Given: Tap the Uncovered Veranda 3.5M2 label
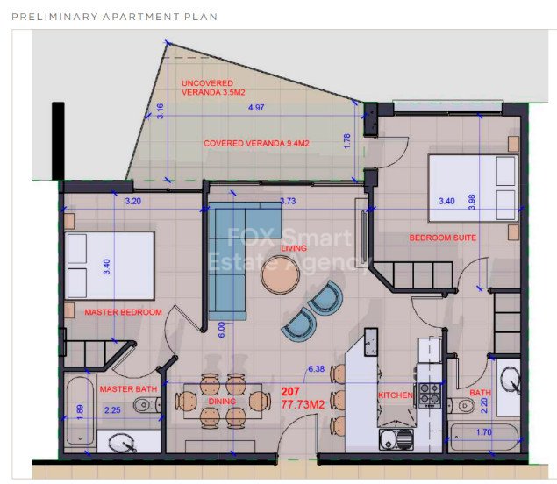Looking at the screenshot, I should [x=213, y=87].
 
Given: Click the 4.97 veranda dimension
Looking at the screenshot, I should [x=256, y=107].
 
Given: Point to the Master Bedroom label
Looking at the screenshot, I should [x=123, y=312].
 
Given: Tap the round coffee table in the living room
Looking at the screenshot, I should [x=281, y=277].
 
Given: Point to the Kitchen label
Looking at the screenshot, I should [x=395, y=395].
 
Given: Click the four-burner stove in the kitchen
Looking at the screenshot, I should [x=430, y=395].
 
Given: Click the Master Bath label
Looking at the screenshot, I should [x=128, y=388].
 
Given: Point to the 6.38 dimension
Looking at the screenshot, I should [x=316, y=369].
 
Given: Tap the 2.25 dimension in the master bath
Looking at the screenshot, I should [x=112, y=409].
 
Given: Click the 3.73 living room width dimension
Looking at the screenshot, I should [x=287, y=202].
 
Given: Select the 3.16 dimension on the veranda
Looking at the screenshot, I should [x=160, y=110].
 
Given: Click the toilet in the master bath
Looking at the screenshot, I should [x=146, y=406].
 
